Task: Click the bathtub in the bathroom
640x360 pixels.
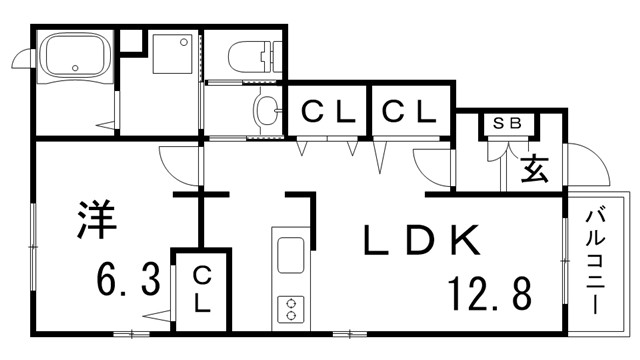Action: pos(74,57)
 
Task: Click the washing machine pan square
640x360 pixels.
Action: pos(172,54)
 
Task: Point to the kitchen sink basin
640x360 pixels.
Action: pos(291,256)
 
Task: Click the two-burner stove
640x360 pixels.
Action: pos(291,310)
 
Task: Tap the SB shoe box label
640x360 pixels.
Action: pos(507,123)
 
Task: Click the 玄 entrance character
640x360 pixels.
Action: pos(534,168)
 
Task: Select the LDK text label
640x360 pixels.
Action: pos(422,240)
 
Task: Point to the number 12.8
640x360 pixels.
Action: pos(490,293)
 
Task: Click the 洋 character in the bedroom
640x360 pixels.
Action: pos(96,219)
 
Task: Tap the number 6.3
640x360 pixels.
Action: pos(128,280)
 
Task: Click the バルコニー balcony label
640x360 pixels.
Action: pos(595,262)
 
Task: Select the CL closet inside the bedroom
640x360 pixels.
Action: pos(201,289)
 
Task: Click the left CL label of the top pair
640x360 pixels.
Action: pos(328,112)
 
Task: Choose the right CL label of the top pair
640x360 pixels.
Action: pos(409,112)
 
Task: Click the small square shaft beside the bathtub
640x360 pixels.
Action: pos(131,40)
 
